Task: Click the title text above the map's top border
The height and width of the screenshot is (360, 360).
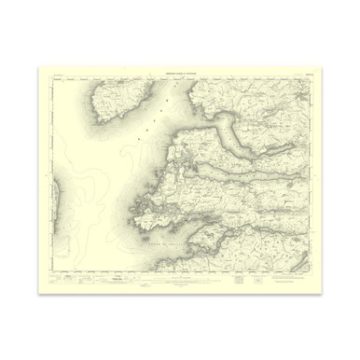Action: pos(179,71)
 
